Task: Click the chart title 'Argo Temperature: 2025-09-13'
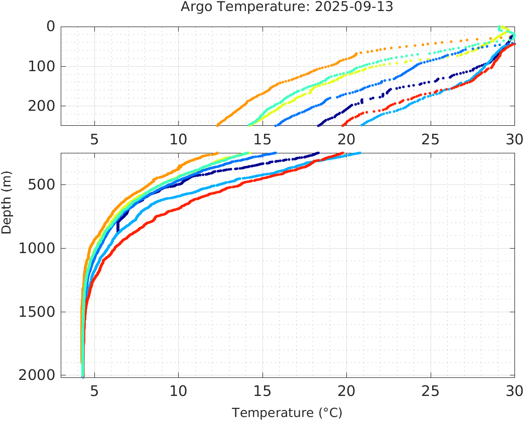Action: coord(287,8)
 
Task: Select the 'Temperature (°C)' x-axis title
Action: coord(287,412)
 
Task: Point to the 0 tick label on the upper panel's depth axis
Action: coord(50,27)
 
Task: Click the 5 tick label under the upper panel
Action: coord(94,139)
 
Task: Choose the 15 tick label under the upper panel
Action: coord(263,139)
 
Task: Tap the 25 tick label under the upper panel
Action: coord(430,139)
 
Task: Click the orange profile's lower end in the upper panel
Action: coord(217,125)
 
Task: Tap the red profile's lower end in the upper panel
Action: coord(343,125)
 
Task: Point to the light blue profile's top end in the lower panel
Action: coord(360,153)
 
